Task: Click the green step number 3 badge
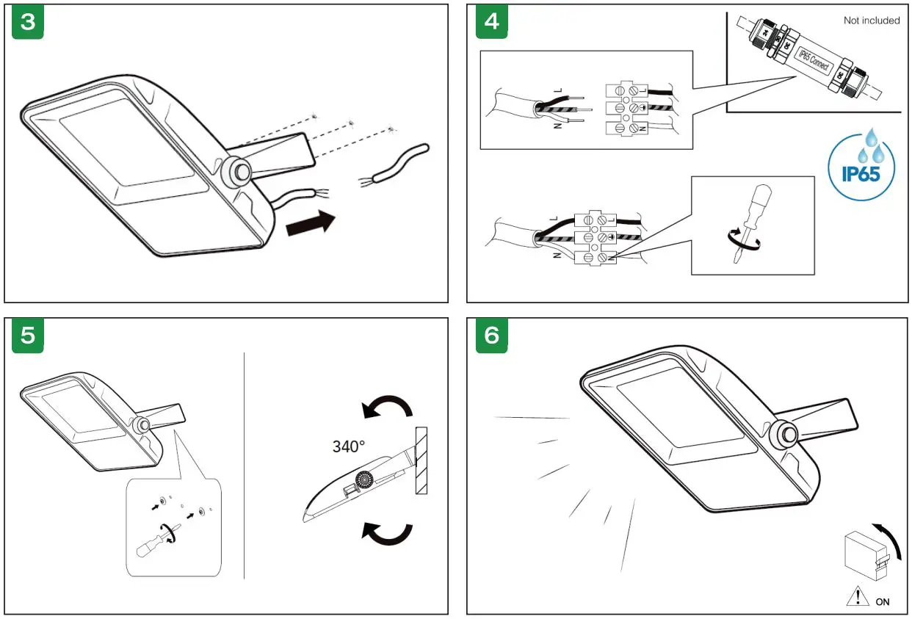coord(28,22)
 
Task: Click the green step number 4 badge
coord(491,22)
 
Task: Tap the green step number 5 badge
coord(28,336)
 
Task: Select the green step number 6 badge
coord(491,336)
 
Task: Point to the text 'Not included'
coord(871,21)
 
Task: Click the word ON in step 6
coord(883,601)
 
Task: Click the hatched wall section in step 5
coord(421,462)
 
